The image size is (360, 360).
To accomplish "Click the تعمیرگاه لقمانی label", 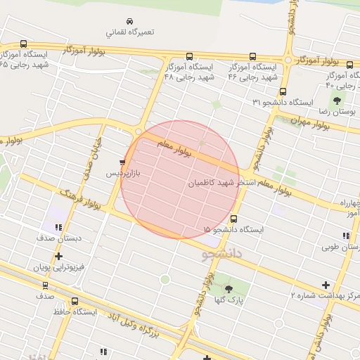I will [130, 32].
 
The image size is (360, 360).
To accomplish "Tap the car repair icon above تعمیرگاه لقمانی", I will [129, 21].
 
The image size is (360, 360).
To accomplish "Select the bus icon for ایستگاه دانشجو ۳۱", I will [283, 91].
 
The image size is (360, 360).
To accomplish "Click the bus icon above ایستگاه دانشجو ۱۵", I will [233, 218].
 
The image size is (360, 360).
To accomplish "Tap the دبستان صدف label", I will [60, 238].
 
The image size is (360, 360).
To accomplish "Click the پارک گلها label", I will [229, 300].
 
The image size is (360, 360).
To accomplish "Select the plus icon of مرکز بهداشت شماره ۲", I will [324, 285].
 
